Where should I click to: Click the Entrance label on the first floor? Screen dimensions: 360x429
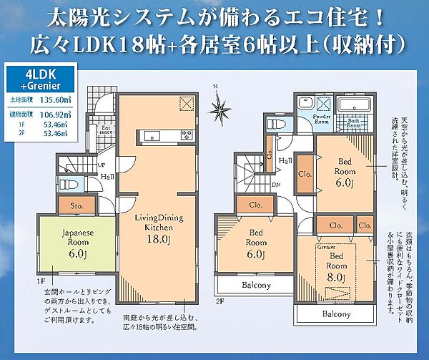click(105, 130)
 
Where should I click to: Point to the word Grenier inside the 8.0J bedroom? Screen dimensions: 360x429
click(326, 247)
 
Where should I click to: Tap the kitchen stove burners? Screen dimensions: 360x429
click(187, 134)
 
